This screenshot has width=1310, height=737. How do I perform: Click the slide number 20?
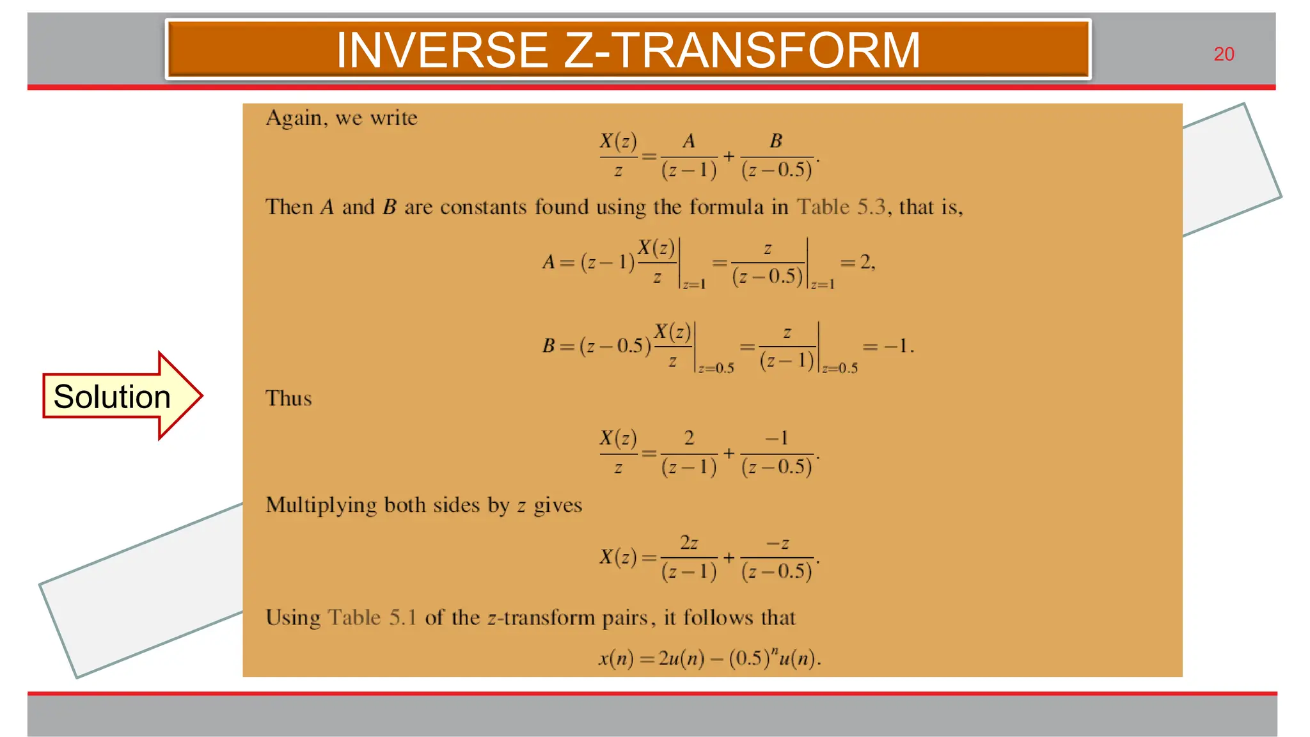point(1224,54)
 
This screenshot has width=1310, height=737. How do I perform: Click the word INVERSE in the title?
point(442,51)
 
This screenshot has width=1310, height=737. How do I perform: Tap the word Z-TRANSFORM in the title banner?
point(742,51)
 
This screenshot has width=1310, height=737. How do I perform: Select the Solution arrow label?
point(112,397)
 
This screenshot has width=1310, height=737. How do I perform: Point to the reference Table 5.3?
point(840,207)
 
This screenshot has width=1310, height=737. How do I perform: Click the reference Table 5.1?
point(372,618)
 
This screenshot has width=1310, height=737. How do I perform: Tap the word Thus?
point(288,399)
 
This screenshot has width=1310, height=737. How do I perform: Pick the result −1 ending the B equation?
point(896,347)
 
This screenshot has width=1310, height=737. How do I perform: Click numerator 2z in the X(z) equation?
point(689,543)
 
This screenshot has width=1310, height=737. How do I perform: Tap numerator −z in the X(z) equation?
point(777,543)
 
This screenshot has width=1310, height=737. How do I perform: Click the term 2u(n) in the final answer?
point(681,658)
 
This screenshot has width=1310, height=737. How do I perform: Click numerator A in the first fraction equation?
point(689,141)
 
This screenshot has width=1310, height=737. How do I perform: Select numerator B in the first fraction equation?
point(776,141)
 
